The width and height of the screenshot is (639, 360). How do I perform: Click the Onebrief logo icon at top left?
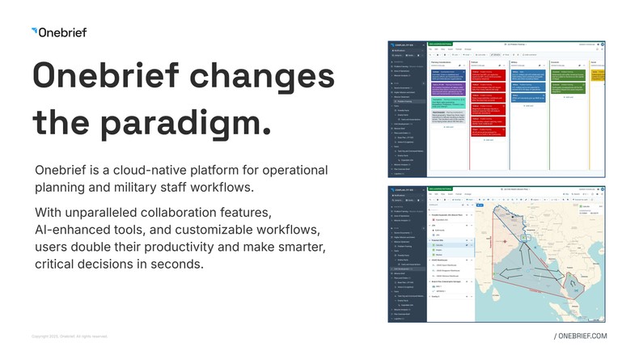(x=34, y=32)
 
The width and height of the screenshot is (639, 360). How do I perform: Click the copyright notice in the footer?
(x=69, y=336)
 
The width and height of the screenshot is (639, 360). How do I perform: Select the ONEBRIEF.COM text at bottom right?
(x=581, y=336)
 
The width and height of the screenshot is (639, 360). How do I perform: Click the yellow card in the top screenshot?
(x=599, y=75)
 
